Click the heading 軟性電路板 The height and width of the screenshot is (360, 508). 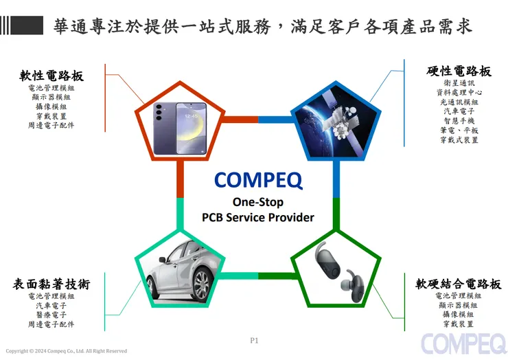[x=51, y=76]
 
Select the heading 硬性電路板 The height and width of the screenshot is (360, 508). [x=459, y=71]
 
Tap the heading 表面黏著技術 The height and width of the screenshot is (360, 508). [x=51, y=284]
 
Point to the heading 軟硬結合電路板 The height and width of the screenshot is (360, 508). [x=458, y=284]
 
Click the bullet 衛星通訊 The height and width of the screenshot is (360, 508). [x=459, y=82]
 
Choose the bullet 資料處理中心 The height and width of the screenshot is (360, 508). [x=459, y=92]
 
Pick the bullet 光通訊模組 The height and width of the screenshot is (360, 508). [x=459, y=102]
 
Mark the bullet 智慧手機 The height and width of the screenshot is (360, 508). [x=459, y=121]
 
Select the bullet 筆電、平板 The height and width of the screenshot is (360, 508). [x=459, y=131]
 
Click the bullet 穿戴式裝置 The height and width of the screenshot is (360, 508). [x=459, y=140]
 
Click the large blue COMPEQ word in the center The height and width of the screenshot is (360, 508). [x=257, y=180]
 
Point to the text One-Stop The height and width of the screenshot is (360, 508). [x=257, y=202]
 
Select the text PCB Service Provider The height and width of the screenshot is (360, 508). [x=257, y=217]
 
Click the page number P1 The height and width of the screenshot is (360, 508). [x=253, y=340]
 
